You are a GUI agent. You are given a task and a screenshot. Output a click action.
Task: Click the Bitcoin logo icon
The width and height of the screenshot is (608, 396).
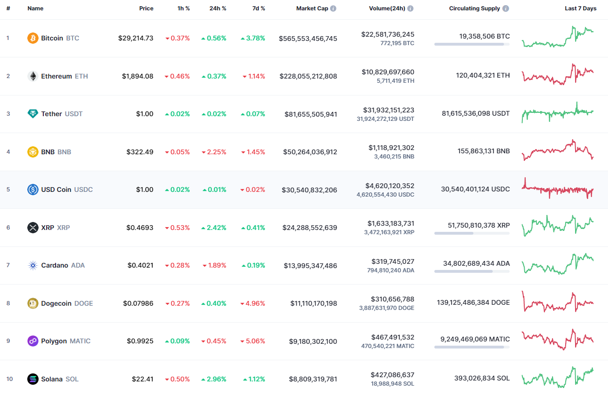[x=33, y=38]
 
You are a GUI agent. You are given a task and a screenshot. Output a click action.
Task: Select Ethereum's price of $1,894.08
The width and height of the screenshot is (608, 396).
[x=137, y=76]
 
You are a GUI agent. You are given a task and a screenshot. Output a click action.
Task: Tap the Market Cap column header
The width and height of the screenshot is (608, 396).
[x=312, y=8]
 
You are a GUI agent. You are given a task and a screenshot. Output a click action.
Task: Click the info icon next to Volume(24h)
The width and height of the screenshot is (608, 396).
[x=410, y=8]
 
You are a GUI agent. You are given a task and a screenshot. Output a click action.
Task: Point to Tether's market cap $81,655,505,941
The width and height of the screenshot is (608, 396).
[x=311, y=114]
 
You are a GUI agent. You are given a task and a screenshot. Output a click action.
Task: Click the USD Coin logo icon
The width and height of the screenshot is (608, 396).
[x=33, y=190]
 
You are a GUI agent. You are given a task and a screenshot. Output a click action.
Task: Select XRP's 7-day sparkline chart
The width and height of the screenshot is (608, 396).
[x=558, y=226]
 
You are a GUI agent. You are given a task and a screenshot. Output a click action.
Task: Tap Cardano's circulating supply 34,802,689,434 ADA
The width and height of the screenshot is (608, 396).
[x=476, y=263]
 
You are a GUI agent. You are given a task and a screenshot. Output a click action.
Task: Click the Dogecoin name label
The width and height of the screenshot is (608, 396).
[x=56, y=303]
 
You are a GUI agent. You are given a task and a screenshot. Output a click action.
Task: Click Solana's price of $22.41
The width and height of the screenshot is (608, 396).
[x=143, y=379]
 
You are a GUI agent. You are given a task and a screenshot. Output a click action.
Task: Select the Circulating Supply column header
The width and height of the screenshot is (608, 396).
[x=475, y=8]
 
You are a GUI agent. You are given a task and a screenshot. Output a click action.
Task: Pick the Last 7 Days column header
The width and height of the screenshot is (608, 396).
[x=580, y=8]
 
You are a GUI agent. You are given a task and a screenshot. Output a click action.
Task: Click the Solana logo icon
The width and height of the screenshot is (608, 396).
[x=33, y=379]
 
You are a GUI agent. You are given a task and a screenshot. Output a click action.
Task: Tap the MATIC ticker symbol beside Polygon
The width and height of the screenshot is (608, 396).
[x=80, y=341]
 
